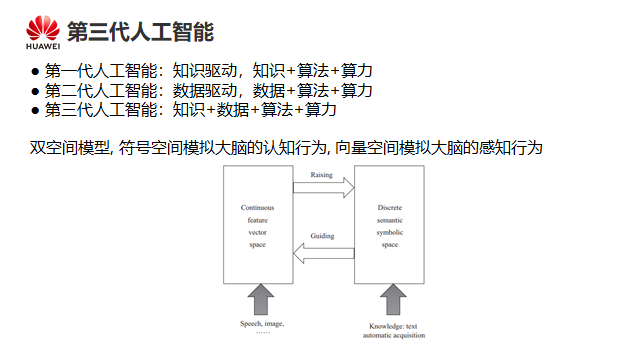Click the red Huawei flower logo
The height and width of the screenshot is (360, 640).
[x=43, y=28]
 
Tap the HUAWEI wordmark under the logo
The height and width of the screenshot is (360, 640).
[x=43, y=47]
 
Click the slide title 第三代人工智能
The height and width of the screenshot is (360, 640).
[x=140, y=32]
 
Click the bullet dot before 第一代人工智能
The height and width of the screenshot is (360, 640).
[x=35, y=72]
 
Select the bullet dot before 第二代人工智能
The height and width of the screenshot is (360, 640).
[x=35, y=91]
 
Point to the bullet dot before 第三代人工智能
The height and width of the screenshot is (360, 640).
[x=35, y=110]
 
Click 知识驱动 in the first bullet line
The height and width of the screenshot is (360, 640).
[x=204, y=71]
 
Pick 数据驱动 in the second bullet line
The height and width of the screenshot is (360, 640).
[x=204, y=90]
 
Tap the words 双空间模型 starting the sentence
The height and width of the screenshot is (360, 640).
[x=69, y=147]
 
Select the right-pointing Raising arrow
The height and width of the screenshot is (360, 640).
[x=324, y=188]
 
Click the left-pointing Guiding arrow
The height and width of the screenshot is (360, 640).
[x=324, y=253]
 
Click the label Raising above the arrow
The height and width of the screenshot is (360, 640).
[x=322, y=175]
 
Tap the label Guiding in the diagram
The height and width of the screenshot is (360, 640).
[x=322, y=236]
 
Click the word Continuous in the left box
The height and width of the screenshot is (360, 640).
[x=258, y=207]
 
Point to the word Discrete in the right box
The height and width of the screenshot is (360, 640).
[x=390, y=207]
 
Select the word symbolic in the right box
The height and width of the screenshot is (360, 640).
[x=390, y=232]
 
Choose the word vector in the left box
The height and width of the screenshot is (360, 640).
[x=258, y=232]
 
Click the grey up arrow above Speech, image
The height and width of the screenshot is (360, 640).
[x=261, y=300]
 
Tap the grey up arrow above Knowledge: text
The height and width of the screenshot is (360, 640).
[x=393, y=300]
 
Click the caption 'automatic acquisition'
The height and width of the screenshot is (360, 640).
[x=394, y=335]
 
